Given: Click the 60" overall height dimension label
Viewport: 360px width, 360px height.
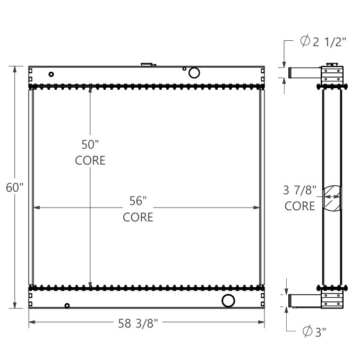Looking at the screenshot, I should click(x=15, y=187).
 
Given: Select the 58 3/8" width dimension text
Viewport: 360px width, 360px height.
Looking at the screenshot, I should click(x=138, y=322).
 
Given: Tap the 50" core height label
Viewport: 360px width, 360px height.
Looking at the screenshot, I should click(x=90, y=144).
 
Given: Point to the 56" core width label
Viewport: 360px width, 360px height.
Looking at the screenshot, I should click(x=138, y=201).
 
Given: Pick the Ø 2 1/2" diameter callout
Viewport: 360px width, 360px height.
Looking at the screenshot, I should click(x=323, y=43).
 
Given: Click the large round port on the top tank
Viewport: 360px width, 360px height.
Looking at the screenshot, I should click(x=194, y=73).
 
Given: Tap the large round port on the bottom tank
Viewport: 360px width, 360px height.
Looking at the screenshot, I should click(x=228, y=301).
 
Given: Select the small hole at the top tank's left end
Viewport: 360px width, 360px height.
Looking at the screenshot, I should click(x=51, y=74).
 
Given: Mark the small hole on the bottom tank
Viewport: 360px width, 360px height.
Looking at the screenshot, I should click(x=67, y=305).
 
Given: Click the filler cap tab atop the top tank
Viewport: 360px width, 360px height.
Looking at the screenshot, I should click(x=148, y=65).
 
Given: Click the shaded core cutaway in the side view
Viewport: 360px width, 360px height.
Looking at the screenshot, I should click(x=332, y=199).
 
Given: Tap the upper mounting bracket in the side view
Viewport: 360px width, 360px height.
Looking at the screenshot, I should click(x=333, y=75).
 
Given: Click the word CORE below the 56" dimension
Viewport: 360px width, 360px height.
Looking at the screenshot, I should click(x=138, y=217).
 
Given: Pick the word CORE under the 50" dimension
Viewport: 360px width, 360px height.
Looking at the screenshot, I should click(x=90, y=160).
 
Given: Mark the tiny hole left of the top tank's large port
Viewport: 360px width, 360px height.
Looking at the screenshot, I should click(x=184, y=68).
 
